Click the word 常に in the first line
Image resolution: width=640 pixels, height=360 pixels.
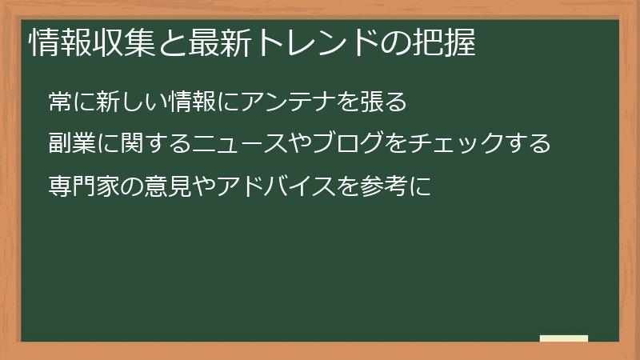pyautogui.click(x=71, y=102)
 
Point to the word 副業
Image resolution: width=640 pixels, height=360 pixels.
pyautogui.click(x=71, y=144)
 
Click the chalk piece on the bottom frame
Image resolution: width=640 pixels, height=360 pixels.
pyautogui.click(x=564, y=339)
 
